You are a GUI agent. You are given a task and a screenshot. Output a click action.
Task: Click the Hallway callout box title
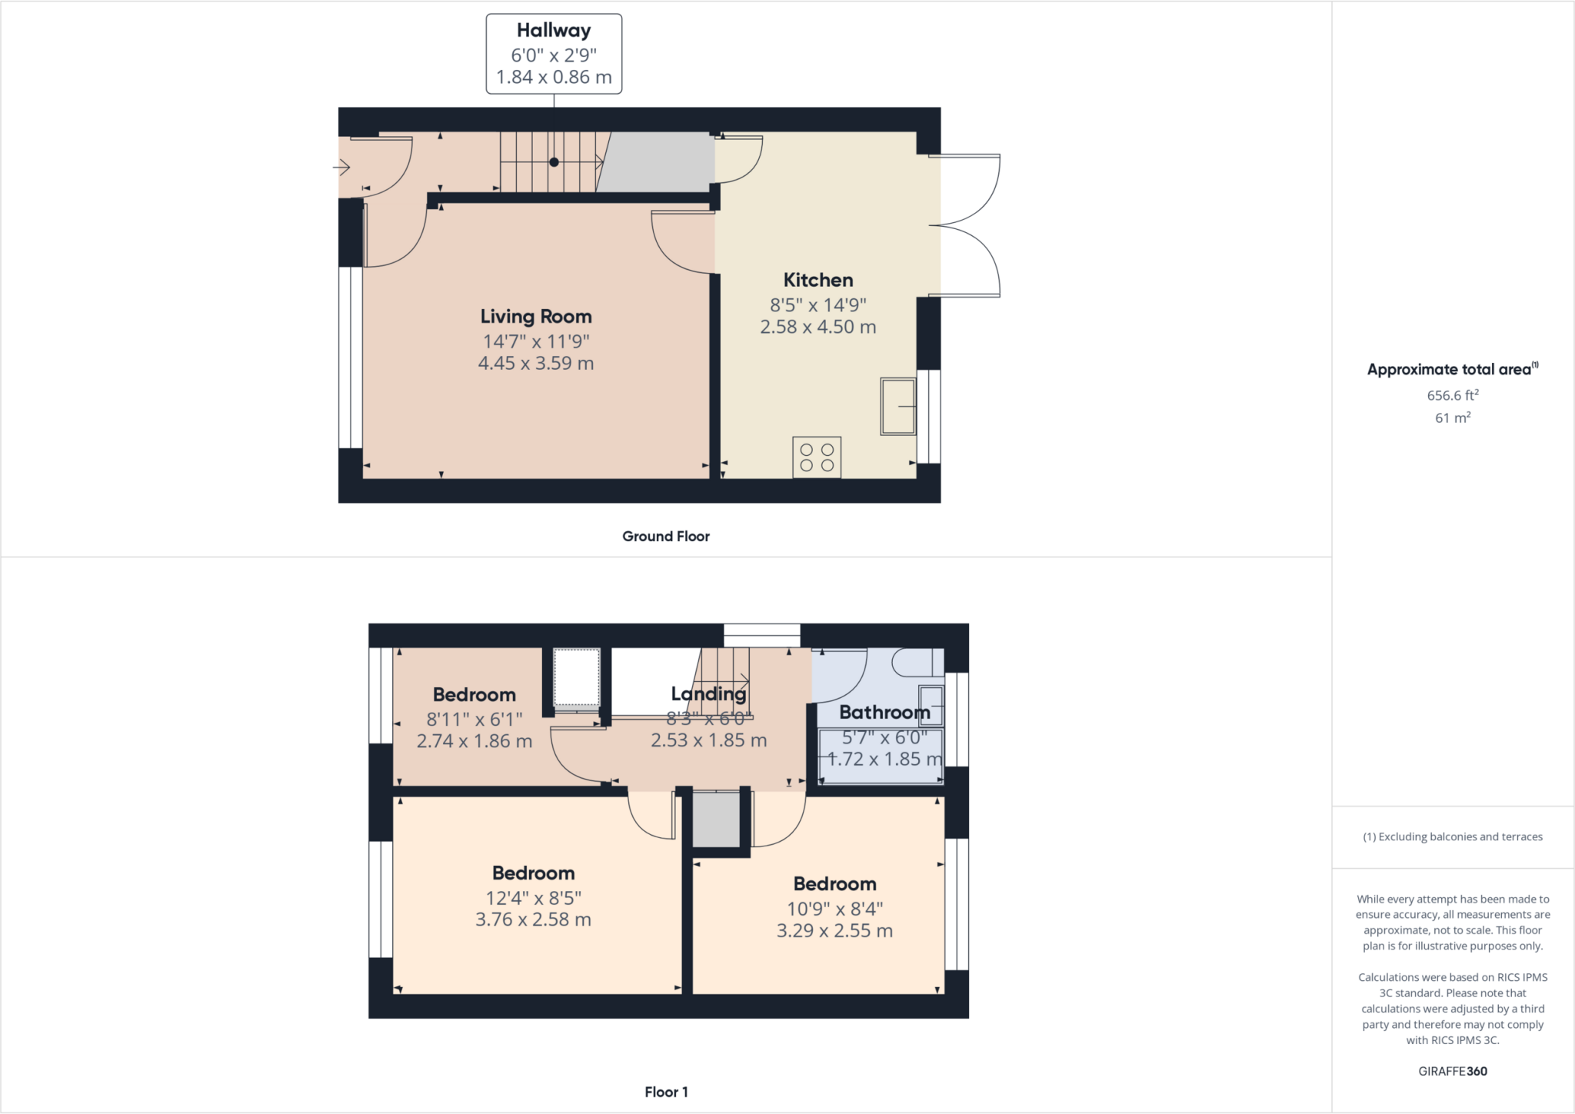[554, 31]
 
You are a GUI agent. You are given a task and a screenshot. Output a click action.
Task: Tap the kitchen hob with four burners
[817, 457]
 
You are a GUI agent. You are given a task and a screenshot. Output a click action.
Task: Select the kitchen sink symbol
[897, 406]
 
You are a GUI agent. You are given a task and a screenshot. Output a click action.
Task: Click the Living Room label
[536, 317]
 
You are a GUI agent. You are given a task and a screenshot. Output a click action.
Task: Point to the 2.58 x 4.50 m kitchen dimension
[818, 327]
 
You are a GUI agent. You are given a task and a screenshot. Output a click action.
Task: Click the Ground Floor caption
[666, 537]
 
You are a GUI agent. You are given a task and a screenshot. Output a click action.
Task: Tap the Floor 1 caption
[666, 1092]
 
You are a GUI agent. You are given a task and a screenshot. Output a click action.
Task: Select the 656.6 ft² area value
[1453, 395]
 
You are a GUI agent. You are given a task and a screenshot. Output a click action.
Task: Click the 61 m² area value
[1453, 417]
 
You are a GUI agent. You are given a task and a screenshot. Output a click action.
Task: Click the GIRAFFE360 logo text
[1453, 1071]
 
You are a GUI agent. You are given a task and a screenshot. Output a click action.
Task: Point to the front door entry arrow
[341, 167]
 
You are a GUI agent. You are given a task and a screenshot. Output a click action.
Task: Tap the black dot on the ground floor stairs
[554, 162]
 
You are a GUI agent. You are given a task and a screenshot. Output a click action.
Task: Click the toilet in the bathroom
[917, 662]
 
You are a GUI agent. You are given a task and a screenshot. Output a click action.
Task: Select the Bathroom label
[884, 713]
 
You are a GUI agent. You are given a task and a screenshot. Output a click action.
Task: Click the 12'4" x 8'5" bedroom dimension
[534, 897]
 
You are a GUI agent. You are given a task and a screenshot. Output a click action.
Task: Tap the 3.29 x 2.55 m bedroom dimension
[834, 931]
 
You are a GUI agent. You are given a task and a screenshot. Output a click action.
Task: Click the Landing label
[708, 694]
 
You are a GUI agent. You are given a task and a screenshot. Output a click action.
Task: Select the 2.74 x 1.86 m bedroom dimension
[474, 741]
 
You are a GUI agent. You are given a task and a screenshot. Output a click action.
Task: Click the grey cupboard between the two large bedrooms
[716, 820]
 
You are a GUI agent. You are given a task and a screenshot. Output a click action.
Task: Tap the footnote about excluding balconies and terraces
[1453, 836]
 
